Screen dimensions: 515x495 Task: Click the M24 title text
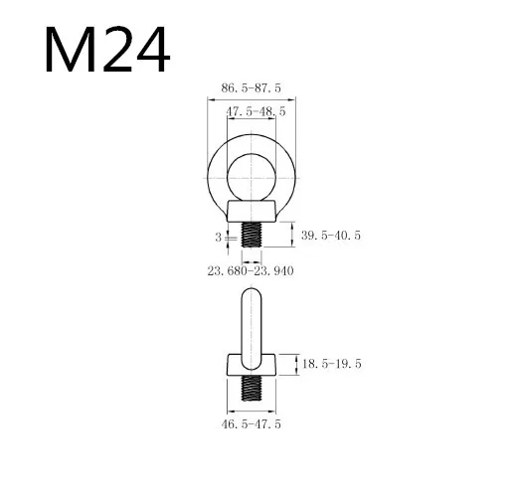[x=107, y=49]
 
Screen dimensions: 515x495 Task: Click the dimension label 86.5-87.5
[x=251, y=88]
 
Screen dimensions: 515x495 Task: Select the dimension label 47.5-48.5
[x=256, y=111]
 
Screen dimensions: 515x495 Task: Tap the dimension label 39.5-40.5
[x=330, y=236]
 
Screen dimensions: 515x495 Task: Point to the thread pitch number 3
[x=218, y=238]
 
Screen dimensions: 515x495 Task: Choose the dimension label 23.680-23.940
[x=251, y=271]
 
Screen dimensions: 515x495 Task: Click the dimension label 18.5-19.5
[x=331, y=364]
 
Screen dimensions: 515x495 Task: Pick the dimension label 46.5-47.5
[x=251, y=424]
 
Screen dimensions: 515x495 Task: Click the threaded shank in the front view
[x=252, y=235]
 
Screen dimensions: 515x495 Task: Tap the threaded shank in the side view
[x=252, y=388]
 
